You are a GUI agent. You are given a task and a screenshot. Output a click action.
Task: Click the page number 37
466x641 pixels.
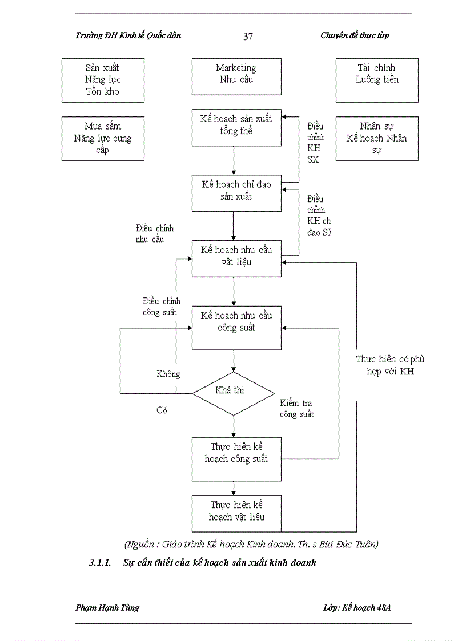pos(248,37)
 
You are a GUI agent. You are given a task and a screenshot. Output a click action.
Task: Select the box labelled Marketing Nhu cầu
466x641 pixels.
pos(236,76)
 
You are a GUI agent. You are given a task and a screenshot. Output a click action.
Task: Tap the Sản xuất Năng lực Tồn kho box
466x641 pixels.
pos(103,80)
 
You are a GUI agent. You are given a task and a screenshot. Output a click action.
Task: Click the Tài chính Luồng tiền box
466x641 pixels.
pos(377,80)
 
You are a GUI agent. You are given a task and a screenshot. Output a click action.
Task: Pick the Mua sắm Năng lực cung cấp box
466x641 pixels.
pos(103,139)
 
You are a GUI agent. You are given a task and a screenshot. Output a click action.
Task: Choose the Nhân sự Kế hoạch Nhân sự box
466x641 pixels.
pos(377,139)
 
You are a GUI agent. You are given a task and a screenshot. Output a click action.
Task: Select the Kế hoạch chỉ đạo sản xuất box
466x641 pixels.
pos(236,192)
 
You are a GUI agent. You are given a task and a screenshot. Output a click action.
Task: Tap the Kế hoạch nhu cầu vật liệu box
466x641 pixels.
pos(236,258)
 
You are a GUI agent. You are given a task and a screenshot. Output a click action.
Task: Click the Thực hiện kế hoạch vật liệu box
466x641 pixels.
pos(236,513)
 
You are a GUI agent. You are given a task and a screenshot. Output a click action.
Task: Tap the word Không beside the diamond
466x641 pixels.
pos(168,374)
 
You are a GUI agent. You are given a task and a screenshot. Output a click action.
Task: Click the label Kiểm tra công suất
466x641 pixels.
pos(296,409)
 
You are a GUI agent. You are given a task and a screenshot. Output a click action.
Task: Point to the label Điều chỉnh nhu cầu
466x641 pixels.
pos(154,234)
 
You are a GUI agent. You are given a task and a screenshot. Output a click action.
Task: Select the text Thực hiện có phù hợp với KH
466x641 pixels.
pos(391,365)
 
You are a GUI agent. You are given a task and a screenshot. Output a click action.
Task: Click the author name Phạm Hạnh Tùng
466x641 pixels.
pos(107,607)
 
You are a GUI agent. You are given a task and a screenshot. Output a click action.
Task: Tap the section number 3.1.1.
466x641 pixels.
pos(99,563)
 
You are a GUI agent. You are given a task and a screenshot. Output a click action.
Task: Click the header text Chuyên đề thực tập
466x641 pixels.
pos(355,35)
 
